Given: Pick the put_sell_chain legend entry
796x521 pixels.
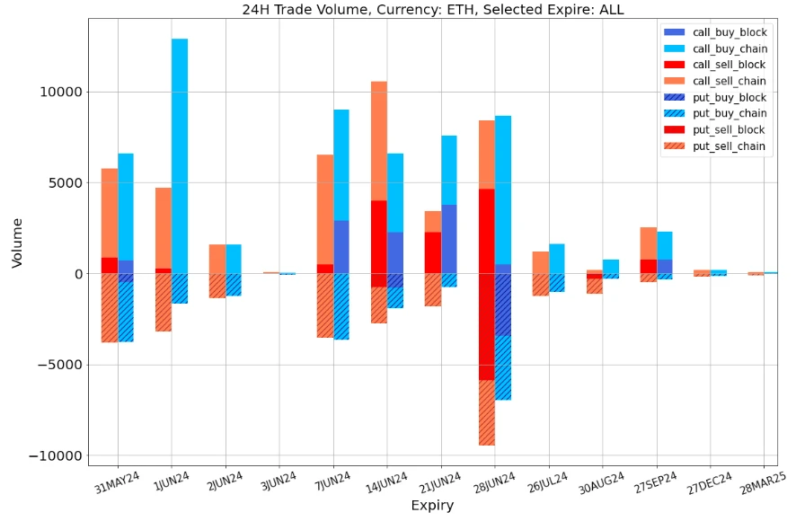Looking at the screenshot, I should coord(729,146).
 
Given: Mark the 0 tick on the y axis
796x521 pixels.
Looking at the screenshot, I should coord(76,274).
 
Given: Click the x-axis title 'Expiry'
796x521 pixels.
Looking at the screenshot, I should coord(432,506).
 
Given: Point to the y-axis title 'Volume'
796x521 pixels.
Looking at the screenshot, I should coord(17,242).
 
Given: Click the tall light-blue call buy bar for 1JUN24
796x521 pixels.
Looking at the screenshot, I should coord(180,153).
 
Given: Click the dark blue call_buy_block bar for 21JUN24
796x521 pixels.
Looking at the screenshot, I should coord(449,239).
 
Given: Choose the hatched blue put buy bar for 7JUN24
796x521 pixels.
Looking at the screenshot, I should coord(341,306).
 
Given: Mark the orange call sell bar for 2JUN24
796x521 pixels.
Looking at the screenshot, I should coord(217,259).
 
